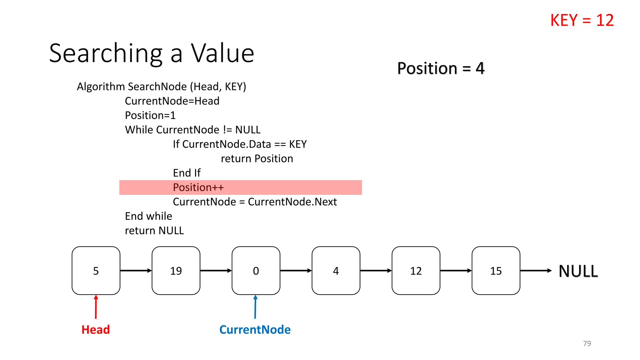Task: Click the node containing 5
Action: coord(96,271)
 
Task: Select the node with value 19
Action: coord(176,271)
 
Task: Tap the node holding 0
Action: coord(256,271)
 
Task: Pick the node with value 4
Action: coord(336,271)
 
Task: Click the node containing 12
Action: coord(416,271)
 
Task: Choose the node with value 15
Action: coord(496,271)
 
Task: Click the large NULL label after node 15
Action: coord(578,271)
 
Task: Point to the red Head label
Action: coord(96,330)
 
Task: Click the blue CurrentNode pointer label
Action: coord(255,330)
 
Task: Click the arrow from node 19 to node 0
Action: coord(216,271)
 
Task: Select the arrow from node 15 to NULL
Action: coord(536,271)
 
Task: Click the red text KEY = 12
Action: coord(582,20)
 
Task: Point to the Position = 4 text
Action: coord(441,68)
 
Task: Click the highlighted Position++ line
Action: coord(198,187)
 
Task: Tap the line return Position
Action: coord(257,159)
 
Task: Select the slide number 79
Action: coord(587,343)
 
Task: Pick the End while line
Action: coord(148,216)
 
